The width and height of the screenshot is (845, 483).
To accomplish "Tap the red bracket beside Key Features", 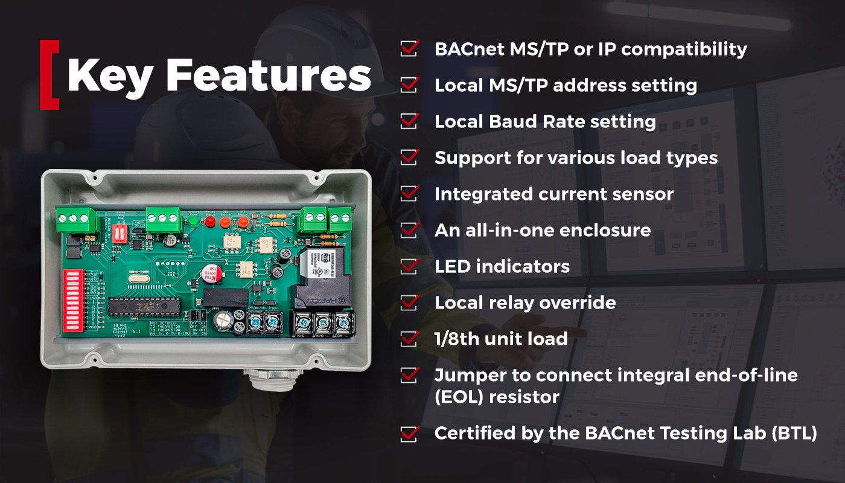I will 48,75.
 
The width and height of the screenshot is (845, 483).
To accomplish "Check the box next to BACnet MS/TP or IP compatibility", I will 409,49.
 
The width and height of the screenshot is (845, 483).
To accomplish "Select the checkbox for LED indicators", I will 409,266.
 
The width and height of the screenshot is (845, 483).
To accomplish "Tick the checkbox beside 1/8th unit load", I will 409,339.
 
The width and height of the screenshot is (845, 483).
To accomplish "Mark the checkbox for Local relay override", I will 409,302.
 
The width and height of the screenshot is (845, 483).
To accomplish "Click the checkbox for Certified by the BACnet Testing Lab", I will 409,433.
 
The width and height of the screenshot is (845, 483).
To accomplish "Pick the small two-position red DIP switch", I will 120,232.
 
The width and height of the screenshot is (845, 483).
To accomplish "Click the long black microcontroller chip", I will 145,307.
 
